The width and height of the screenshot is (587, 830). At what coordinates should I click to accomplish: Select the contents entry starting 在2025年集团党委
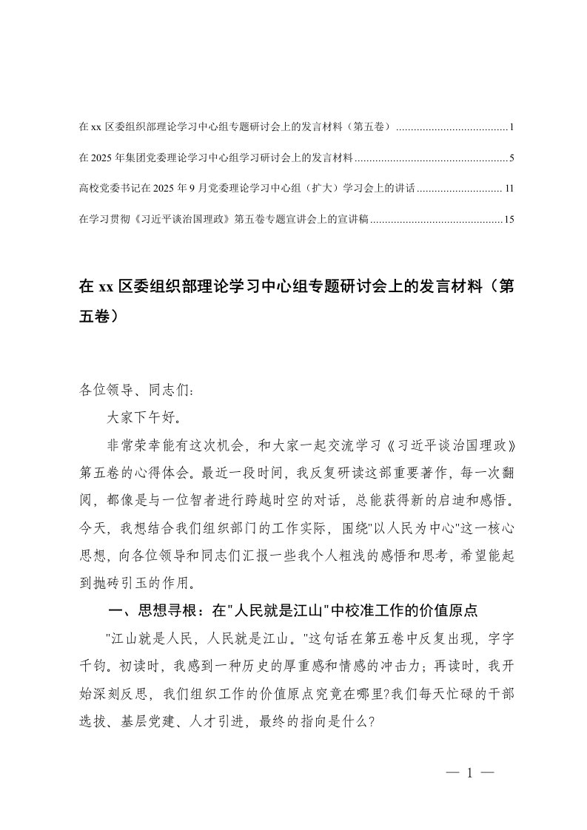click(215, 158)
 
